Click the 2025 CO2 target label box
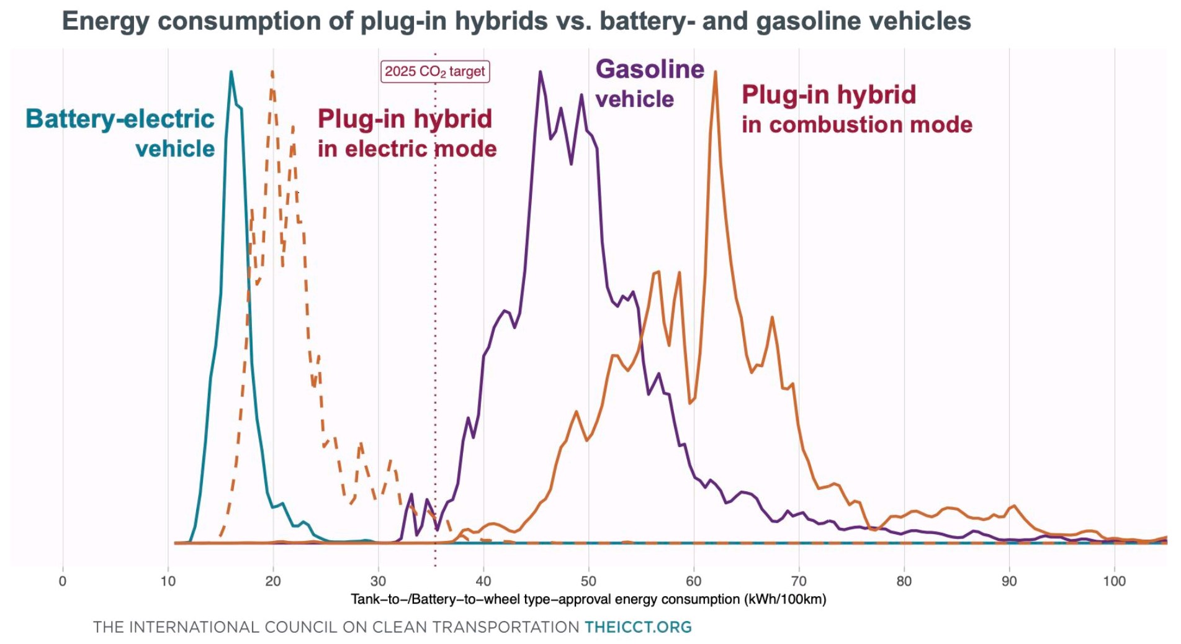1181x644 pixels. (434, 71)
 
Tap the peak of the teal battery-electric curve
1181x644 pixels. (231, 73)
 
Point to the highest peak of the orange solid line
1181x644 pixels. (715, 73)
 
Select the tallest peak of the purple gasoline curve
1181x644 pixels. (541, 73)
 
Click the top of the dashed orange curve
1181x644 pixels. (272, 73)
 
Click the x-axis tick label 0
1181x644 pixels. (62, 581)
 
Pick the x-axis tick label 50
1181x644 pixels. (588, 581)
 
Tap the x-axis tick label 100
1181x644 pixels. (1114, 581)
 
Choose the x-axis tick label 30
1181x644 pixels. (378, 581)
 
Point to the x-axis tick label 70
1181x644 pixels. (799, 581)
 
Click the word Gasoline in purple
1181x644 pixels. (650, 69)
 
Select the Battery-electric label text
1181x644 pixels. (120, 119)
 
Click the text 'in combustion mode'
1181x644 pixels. (856, 125)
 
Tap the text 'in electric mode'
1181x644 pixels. (407, 149)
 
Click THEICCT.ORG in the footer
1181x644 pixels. (638, 627)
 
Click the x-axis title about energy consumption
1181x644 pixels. (588, 599)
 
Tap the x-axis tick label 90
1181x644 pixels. (1009, 581)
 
